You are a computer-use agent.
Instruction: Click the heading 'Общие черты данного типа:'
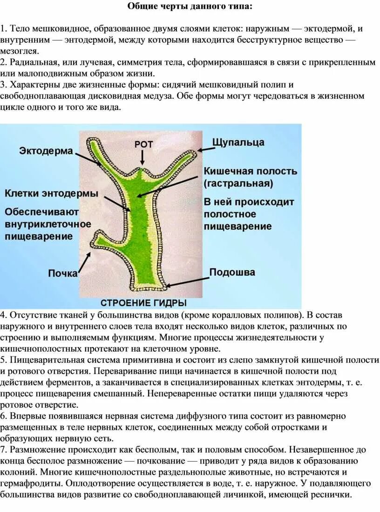pos(191,7)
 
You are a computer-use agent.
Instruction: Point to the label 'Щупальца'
pos(238,142)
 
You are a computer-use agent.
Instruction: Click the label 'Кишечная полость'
pos(250,171)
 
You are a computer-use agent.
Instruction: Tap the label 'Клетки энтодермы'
pos(51,193)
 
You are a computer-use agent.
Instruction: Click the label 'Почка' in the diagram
pos(63,273)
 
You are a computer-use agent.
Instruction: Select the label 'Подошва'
pos(231,272)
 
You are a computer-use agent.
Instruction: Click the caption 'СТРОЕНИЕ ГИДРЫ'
pos(143,302)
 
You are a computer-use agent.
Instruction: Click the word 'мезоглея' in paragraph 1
pos(20,51)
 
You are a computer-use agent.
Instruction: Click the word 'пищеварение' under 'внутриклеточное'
pos(39,236)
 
